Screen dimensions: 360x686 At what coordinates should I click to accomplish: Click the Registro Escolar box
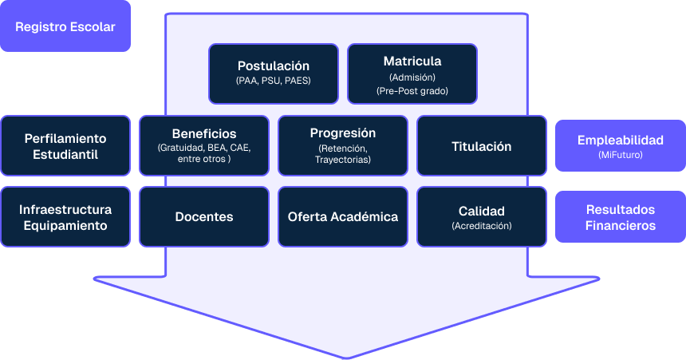[65, 27]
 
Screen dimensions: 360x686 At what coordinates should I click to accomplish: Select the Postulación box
[273, 73]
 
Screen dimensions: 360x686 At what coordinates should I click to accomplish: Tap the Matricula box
[412, 73]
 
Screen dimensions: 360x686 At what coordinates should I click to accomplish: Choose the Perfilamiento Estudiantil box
[65, 145]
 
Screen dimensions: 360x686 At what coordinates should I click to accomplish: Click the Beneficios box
[203, 145]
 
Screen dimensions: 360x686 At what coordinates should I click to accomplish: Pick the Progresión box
[342, 145]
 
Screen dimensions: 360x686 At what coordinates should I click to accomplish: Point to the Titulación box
[481, 146]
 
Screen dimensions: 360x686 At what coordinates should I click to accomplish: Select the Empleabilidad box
[620, 146]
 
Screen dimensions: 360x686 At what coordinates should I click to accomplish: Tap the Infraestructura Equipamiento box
[65, 217]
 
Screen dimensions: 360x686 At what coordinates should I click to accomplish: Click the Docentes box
[203, 217]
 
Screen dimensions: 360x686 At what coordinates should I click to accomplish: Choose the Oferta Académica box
[342, 217]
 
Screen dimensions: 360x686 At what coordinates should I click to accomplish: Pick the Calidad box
[481, 217]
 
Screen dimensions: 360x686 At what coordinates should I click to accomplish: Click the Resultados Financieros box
[620, 217]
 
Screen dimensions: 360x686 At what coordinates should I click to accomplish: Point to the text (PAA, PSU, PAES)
[273, 81]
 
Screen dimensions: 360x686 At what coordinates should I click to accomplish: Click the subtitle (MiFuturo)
[620, 155]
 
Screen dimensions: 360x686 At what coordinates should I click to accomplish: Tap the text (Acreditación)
[481, 226]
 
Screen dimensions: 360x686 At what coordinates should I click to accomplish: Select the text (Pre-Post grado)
[412, 91]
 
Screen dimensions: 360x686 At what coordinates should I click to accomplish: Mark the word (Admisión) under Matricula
[412, 77]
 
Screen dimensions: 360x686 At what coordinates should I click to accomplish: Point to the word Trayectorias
[342, 160]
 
